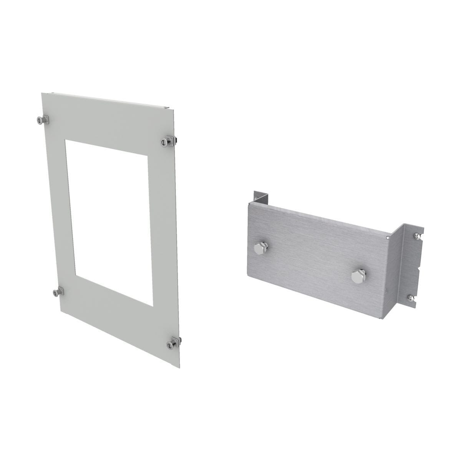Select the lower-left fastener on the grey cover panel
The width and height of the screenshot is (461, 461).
(x=58, y=293)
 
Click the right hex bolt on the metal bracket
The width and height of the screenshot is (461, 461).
(x=356, y=275)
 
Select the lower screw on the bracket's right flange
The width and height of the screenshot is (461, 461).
(x=411, y=297)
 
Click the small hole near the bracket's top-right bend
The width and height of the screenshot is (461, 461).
(x=386, y=239)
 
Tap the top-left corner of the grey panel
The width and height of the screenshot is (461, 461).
(x=42, y=93)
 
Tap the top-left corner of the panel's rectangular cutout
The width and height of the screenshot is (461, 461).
(x=66, y=140)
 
